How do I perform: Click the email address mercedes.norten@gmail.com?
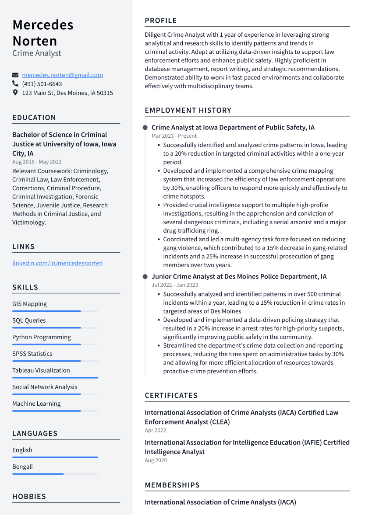point(62,75)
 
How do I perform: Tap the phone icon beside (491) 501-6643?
point(15,84)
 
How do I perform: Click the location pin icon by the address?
point(15,93)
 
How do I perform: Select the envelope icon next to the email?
point(15,75)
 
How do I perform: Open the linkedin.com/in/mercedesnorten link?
point(57,263)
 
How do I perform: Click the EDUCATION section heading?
point(34,118)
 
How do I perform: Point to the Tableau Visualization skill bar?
point(55,377)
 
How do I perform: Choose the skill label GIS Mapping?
point(29,304)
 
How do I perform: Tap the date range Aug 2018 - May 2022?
point(37,162)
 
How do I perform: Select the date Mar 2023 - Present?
point(174,136)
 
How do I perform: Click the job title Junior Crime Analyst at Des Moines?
point(239,276)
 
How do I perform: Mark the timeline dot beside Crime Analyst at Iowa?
point(145,127)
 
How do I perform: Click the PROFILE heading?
point(161,21)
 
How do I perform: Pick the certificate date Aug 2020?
point(156,460)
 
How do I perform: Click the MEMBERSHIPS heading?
point(172,485)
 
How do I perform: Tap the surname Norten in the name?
point(35,41)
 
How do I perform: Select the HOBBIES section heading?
point(29,497)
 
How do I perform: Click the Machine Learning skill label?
point(36,404)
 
